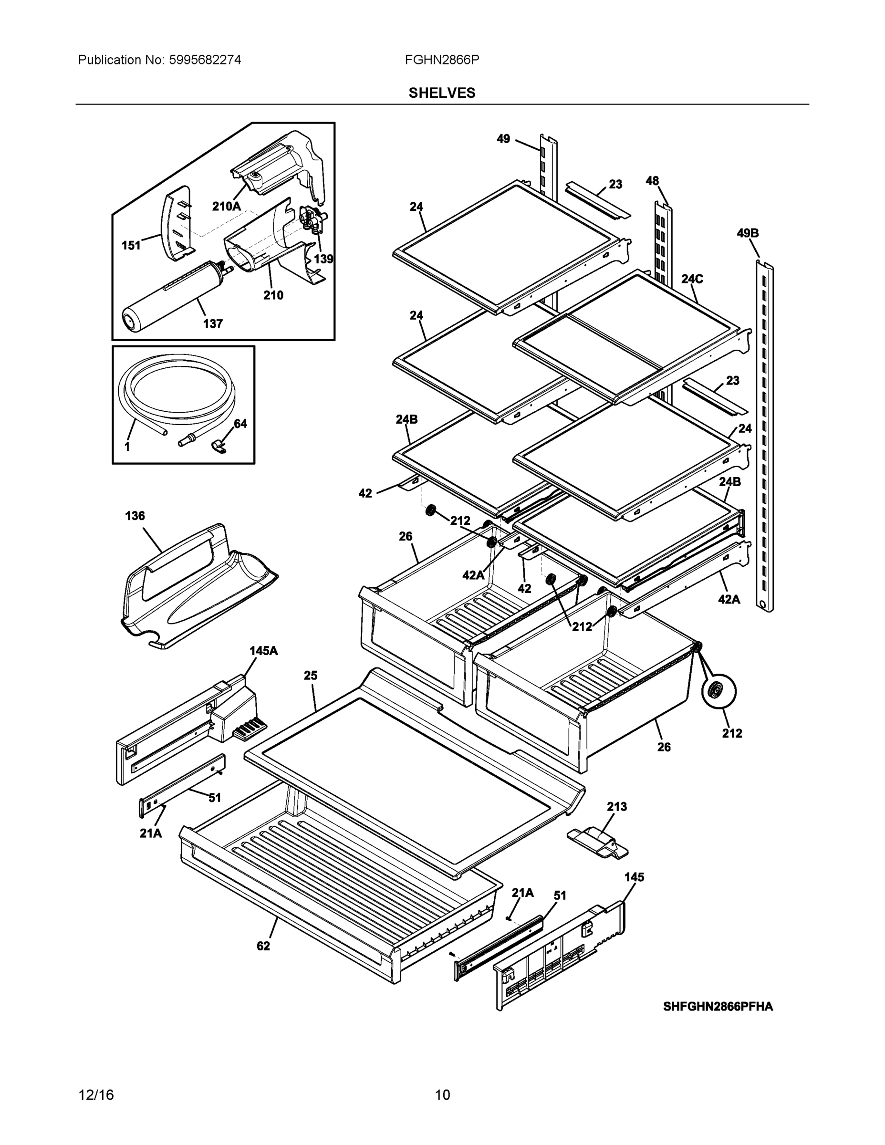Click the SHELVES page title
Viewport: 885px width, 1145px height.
441,93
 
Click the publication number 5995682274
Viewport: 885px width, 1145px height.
205,60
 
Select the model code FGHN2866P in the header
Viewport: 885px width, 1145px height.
441,60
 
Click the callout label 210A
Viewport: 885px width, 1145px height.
227,206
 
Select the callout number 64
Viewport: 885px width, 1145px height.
240,424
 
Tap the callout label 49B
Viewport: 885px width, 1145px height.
747,233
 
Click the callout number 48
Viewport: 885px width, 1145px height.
652,181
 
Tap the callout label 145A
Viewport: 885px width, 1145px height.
263,651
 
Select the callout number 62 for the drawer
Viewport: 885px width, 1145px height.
263,946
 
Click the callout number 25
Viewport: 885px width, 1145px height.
311,675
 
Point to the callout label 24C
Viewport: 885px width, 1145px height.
692,279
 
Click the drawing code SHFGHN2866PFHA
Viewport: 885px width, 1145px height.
717,1006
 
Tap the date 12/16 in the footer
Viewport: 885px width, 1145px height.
96,1095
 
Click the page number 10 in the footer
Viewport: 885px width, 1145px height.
442,1095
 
